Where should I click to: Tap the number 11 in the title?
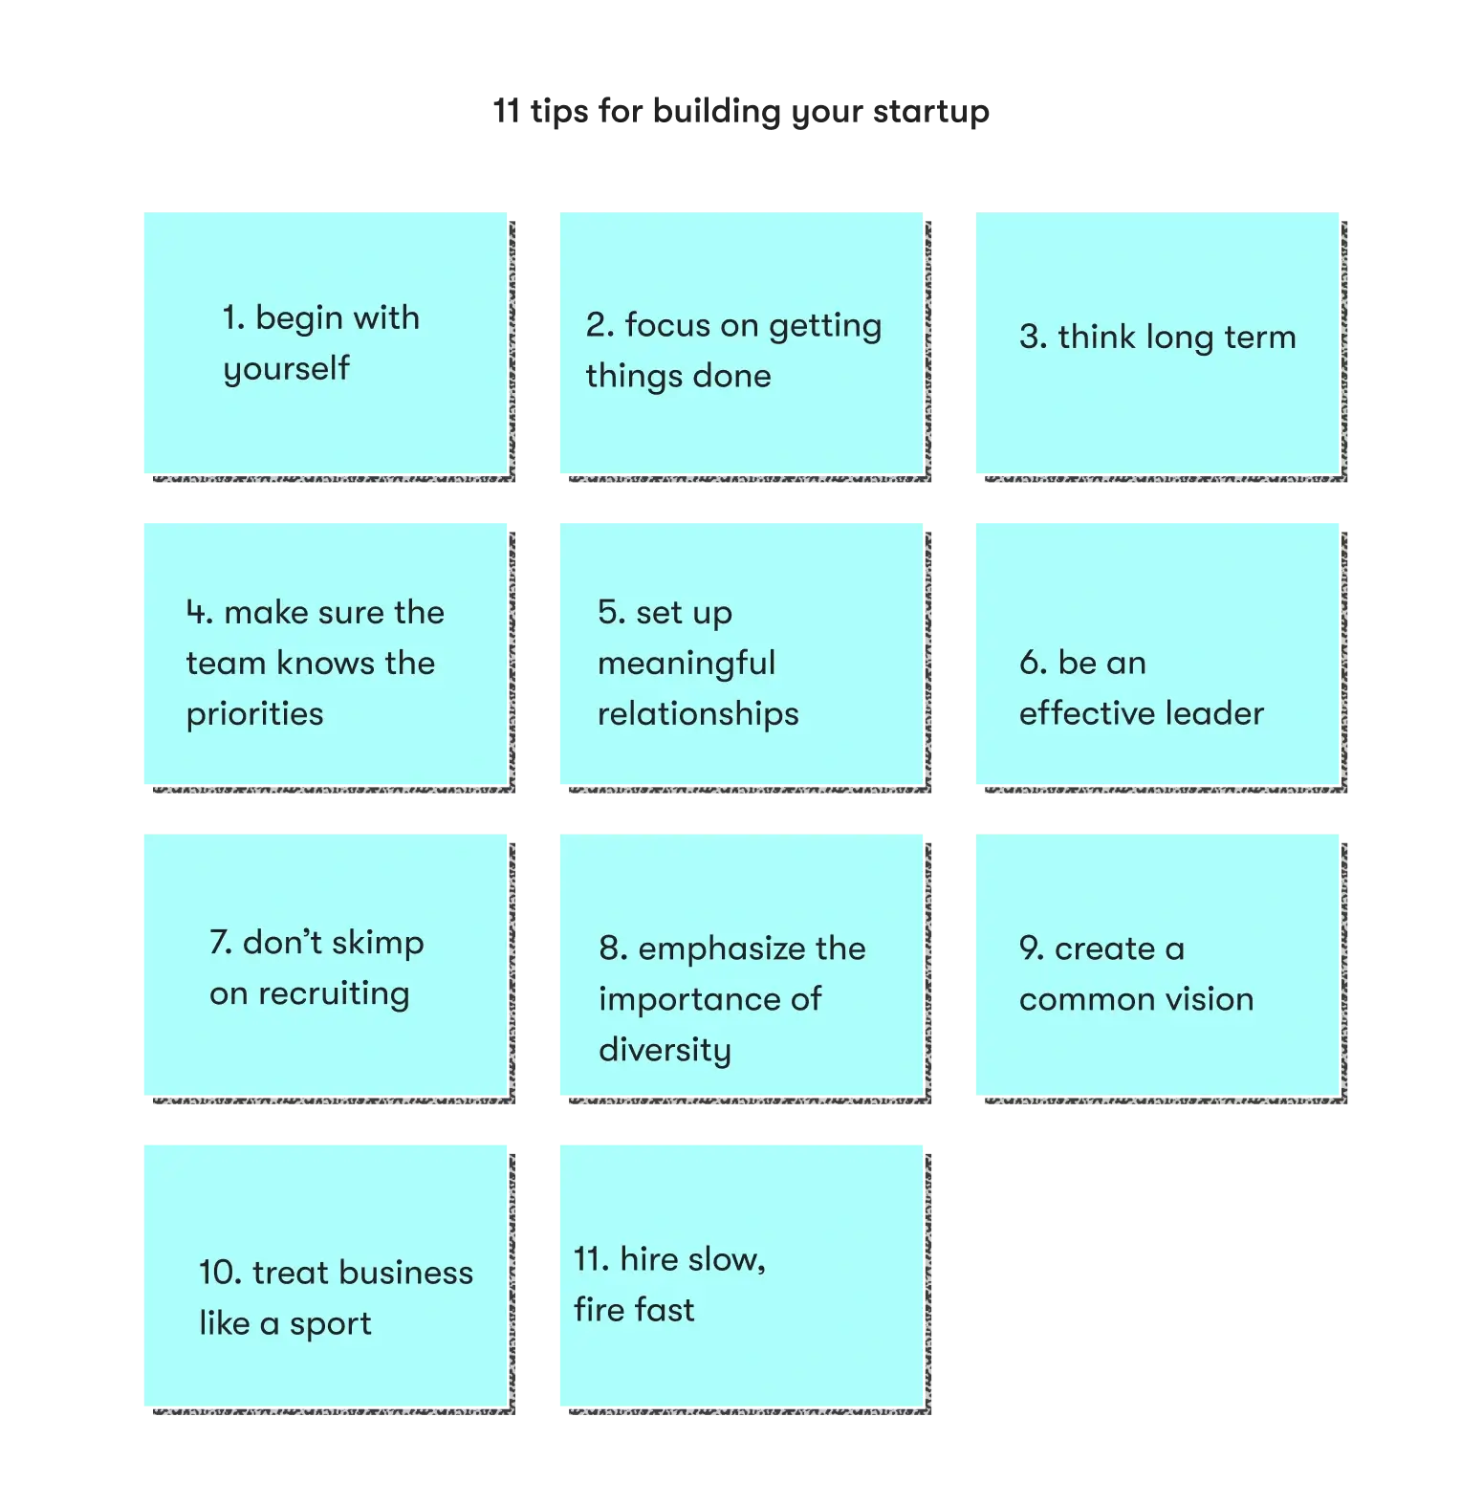(506, 111)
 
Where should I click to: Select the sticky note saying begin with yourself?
(326, 343)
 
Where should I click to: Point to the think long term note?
(1157, 343)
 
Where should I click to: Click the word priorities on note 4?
(255, 714)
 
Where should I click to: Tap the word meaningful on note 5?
(687, 664)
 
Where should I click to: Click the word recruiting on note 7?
(334, 994)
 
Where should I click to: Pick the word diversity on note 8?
(665, 1051)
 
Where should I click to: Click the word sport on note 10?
(331, 1324)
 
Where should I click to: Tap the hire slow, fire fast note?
(742, 1275)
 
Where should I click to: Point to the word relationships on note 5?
(698, 714)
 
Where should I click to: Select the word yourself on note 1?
(287, 369)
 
